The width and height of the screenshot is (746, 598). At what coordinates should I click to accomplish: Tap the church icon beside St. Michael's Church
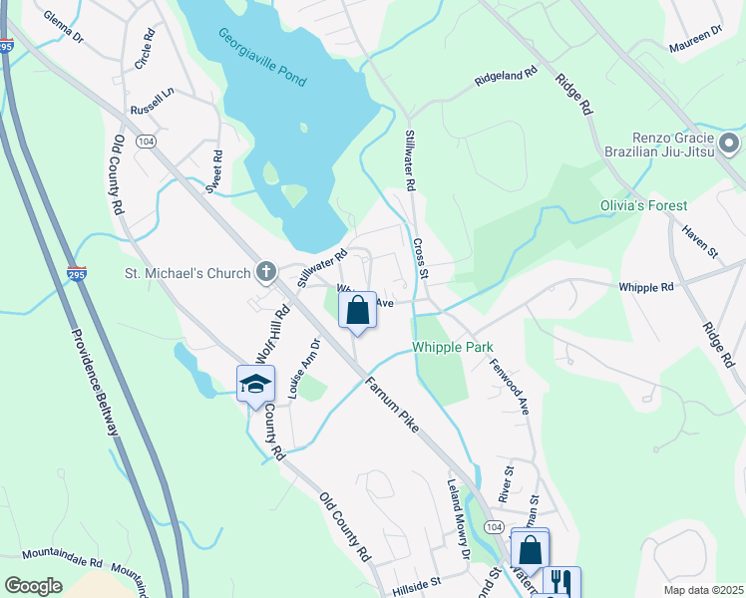266,271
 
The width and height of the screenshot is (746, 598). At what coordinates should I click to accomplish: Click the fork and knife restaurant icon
560,582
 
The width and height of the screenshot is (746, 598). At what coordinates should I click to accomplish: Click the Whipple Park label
453,347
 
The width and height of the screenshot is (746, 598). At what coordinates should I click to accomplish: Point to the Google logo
33,585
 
